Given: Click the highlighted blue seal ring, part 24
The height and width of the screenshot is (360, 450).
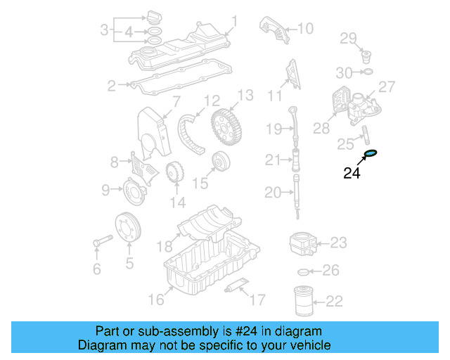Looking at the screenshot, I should pyautogui.click(x=370, y=153).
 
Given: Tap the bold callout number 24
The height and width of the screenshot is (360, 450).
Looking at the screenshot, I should pyautogui.click(x=352, y=173).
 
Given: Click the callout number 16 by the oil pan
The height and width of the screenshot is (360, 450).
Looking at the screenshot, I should pyautogui.click(x=155, y=300).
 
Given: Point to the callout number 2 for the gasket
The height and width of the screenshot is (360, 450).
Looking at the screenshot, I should pyautogui.click(x=111, y=86).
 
